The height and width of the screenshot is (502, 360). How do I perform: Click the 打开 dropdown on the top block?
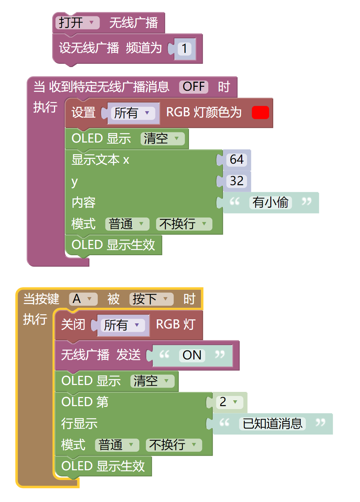77,23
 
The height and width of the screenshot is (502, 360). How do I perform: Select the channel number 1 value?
184,48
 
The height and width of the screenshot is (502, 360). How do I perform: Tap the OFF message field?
193,87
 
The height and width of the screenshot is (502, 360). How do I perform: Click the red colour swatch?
260,113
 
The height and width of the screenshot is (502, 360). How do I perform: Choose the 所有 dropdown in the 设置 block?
133,113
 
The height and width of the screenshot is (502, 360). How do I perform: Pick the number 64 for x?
236,160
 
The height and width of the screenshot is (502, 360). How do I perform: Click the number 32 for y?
236,181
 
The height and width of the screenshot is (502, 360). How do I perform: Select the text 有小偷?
270,202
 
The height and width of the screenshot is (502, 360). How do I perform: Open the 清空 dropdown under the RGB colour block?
163,139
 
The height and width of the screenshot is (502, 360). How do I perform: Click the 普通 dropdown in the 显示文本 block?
127,224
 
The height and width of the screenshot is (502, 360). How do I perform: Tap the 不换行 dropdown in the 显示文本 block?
184,224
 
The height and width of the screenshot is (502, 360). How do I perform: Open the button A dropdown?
83,299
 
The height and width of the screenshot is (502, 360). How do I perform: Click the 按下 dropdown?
151,299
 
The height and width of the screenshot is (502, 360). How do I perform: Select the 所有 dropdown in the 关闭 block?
123,325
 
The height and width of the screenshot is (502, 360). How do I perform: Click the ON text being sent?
192,355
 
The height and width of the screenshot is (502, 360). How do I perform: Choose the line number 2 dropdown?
229,402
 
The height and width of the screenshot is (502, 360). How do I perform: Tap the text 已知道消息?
272,424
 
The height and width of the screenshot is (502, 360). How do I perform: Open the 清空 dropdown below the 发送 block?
152,381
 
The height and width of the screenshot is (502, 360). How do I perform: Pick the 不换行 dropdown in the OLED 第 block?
174,445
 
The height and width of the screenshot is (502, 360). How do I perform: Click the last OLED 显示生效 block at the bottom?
103,466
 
